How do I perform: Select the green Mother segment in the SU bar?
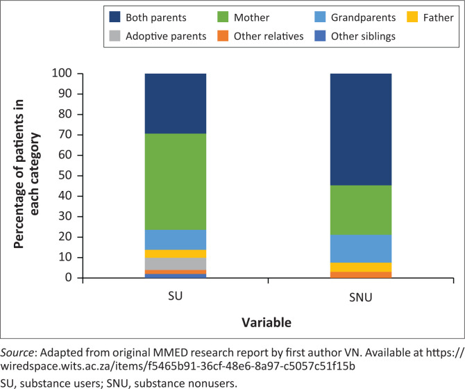(176, 181)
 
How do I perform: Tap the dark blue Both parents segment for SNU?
(361, 129)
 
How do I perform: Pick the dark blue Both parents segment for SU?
(176, 104)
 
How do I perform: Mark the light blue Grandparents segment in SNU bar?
(361, 249)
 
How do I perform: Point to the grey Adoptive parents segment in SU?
(176, 264)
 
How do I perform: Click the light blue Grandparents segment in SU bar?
(176, 240)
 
